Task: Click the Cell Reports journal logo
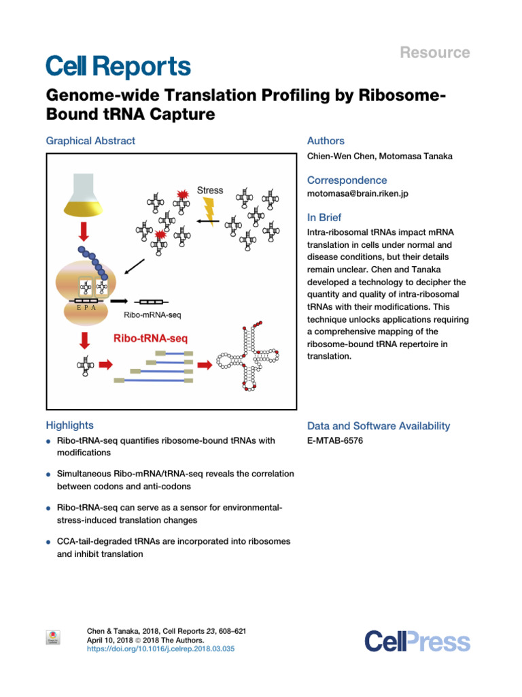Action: point(118,66)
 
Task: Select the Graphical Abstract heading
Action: point(90,141)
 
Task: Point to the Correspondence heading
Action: point(347,180)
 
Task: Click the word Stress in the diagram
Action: point(209,190)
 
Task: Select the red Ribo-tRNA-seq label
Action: point(150,337)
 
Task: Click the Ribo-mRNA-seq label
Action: point(152,315)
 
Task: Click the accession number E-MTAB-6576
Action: point(335,441)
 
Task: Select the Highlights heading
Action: point(70,425)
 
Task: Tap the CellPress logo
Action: point(417,641)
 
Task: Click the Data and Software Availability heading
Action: point(379,425)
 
